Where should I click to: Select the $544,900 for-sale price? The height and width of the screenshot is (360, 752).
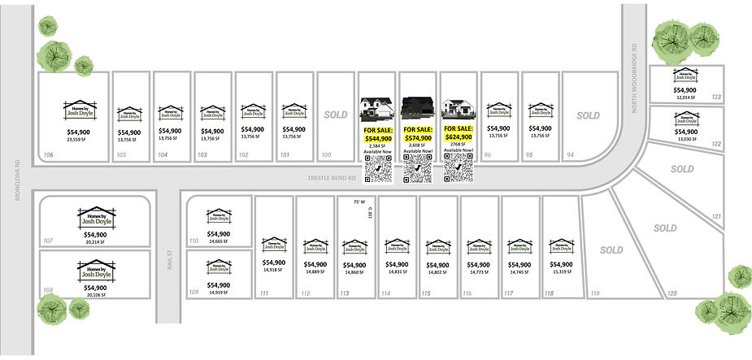coord(377,138)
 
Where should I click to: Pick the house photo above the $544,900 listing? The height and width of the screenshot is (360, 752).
coord(377,109)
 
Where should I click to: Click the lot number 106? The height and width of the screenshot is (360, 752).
coord(49,154)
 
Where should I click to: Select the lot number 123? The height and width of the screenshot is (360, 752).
coord(715,98)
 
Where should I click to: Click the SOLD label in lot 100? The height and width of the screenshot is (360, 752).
coord(336,115)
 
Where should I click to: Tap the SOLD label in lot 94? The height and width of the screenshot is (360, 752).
coord(588,115)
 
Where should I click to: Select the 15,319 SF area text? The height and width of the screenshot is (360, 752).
coord(561,272)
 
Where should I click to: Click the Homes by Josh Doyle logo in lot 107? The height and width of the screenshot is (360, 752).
coord(95,216)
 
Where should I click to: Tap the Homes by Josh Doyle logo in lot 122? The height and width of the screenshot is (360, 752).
coord(685,118)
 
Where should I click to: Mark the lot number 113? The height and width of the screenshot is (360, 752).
coord(345,293)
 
